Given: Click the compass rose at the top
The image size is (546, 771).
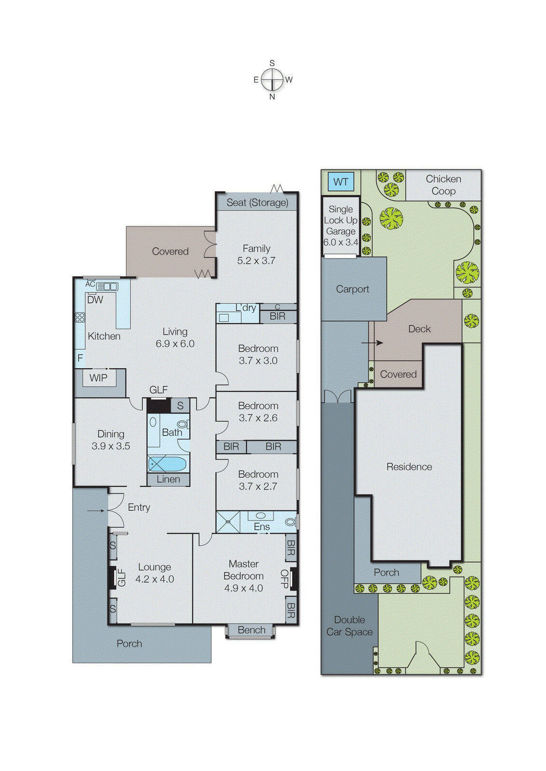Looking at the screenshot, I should click(272, 80).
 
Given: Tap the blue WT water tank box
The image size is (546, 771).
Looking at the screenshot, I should click(341, 182).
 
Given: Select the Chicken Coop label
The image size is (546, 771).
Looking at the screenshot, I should click(443, 185).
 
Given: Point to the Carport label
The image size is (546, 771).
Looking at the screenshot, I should click(352, 289).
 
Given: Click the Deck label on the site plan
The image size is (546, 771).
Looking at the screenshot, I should click(419, 329).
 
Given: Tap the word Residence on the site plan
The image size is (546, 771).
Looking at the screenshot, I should click(409, 466).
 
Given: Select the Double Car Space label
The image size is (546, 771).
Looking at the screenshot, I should click(349, 625).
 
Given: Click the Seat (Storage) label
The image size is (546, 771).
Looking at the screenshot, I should click(257, 203).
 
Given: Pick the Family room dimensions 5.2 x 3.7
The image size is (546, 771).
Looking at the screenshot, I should click(256, 261).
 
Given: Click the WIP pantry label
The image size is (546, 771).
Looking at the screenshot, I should click(98, 378).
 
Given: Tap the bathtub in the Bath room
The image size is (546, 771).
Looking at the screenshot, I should click(167, 464).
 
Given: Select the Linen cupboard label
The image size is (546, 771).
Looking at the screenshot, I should click(168, 479).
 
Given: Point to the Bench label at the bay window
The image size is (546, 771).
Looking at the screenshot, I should click(251, 630).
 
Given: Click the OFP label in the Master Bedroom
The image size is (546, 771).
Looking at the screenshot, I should click(284, 579).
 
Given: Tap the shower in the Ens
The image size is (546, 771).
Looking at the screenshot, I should click(228, 522).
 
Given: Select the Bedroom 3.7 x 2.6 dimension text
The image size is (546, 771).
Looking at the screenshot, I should click(258, 418).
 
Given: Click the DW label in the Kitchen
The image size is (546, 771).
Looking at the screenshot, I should click(95, 300).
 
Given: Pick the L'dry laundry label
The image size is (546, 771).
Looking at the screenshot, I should click(246, 308).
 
